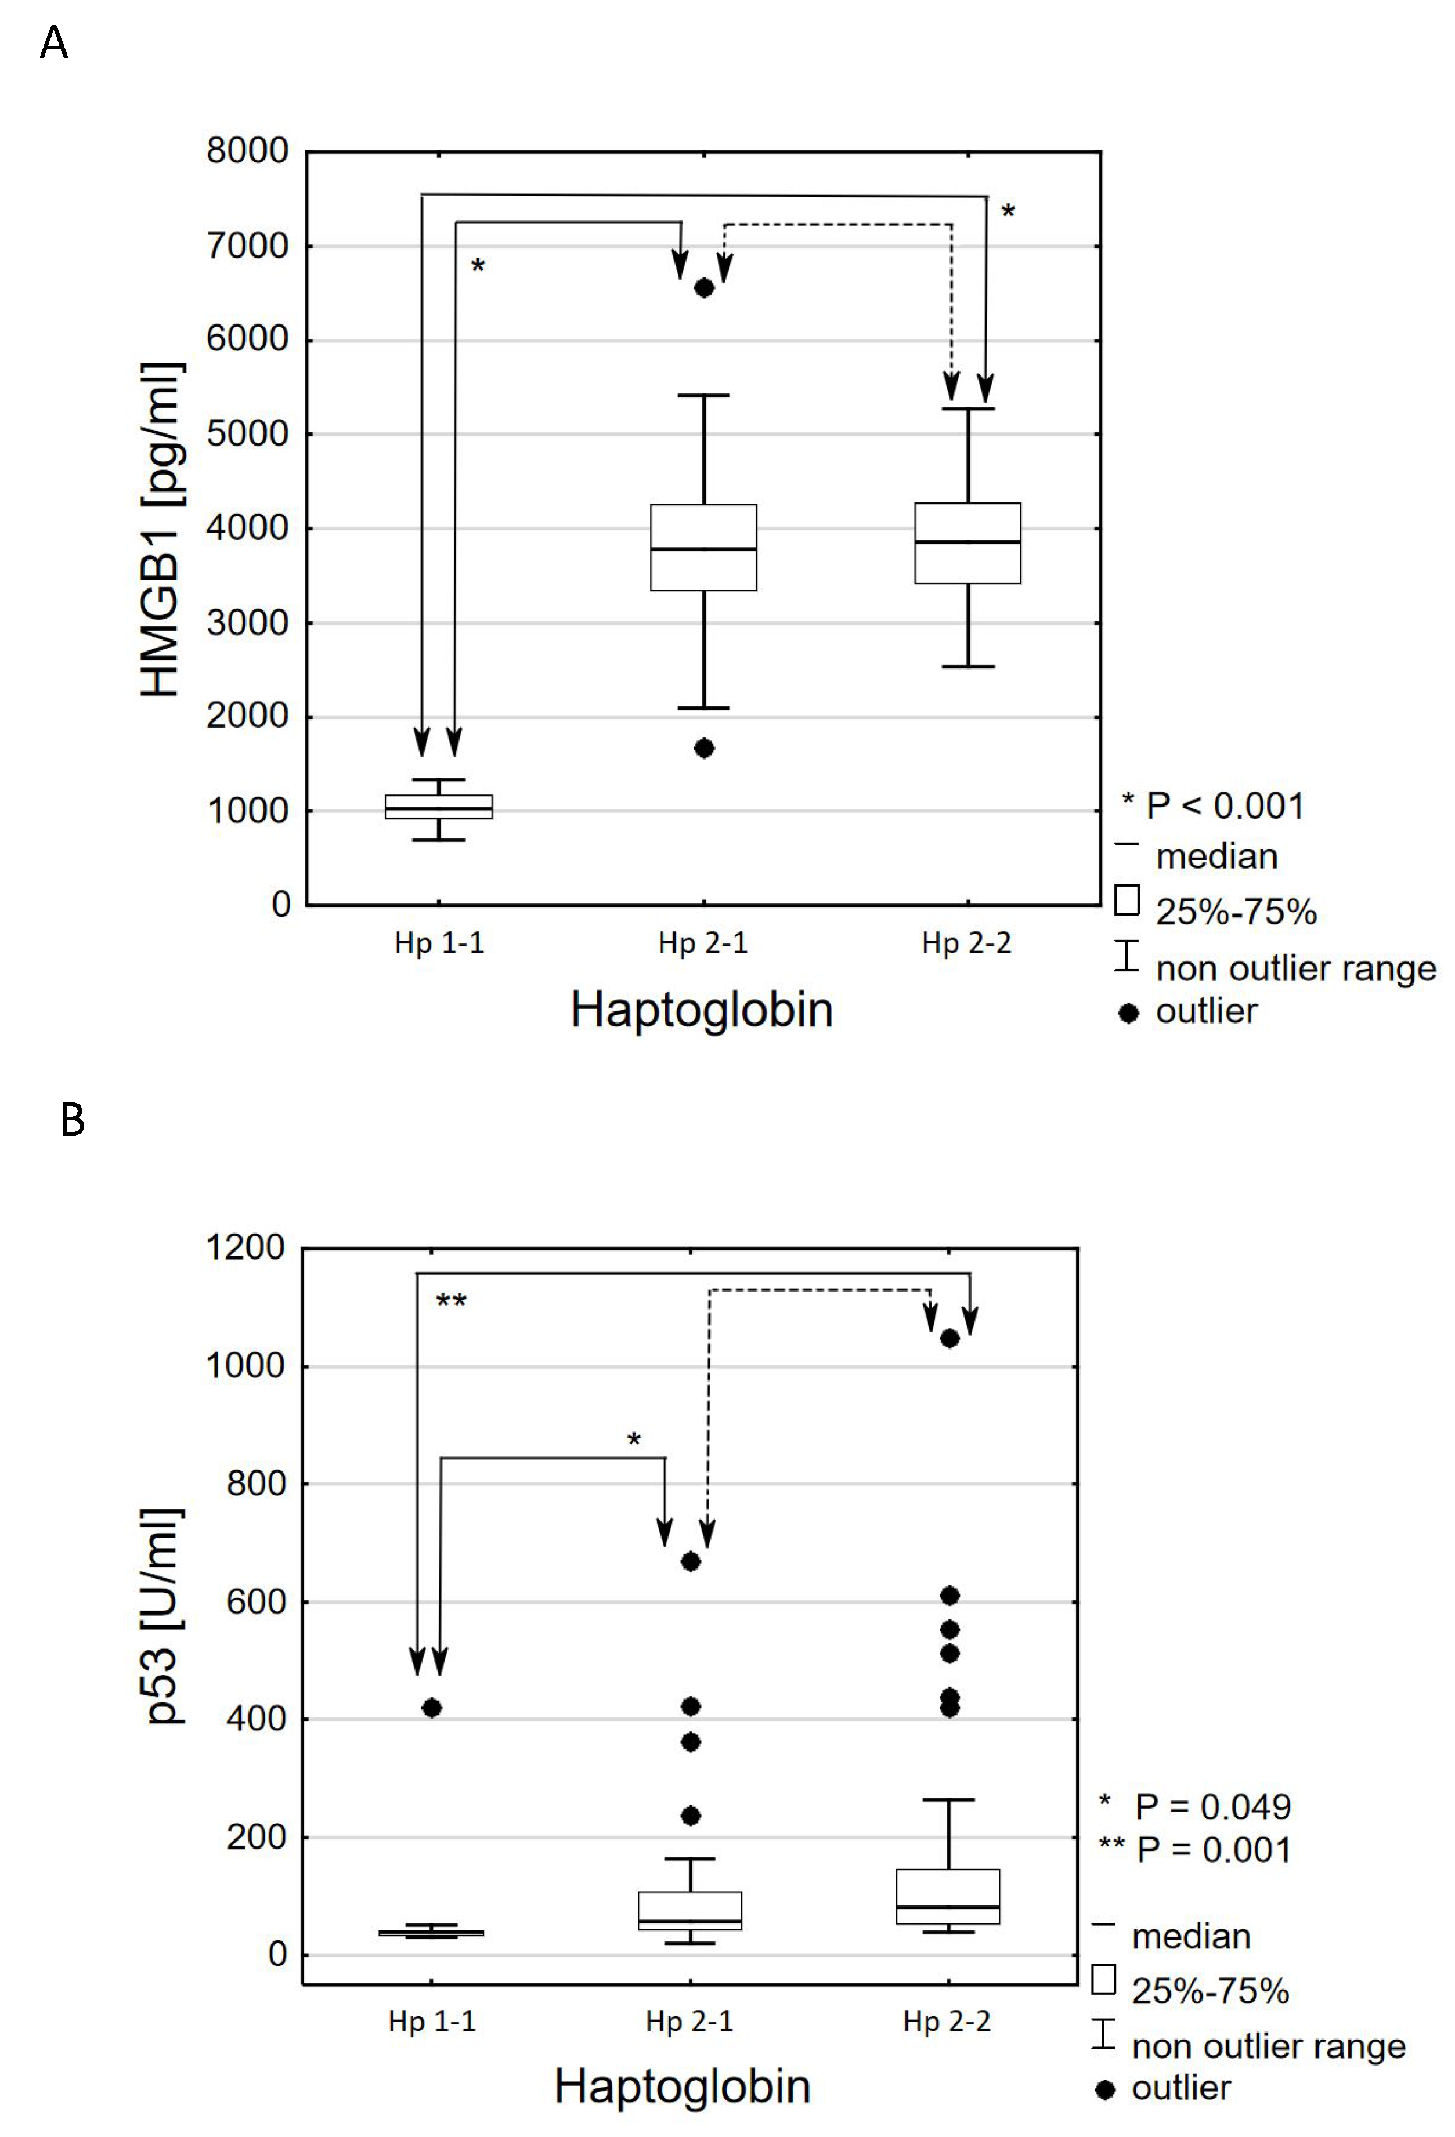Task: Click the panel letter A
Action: pos(54,42)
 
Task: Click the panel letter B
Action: pos(72,1120)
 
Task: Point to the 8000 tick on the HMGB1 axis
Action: pos(247,151)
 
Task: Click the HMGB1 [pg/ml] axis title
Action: pos(162,530)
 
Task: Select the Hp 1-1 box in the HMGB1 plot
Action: pos(439,807)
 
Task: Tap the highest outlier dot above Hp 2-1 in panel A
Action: pos(703,288)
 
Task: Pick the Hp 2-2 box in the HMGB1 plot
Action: pos(967,543)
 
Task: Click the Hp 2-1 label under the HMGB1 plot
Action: pos(703,943)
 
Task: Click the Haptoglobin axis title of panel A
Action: pos(702,1010)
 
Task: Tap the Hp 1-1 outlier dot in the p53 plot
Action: pos(431,1708)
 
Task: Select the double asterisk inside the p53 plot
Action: pos(451,1301)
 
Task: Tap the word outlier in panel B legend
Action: pos(1181,2088)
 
